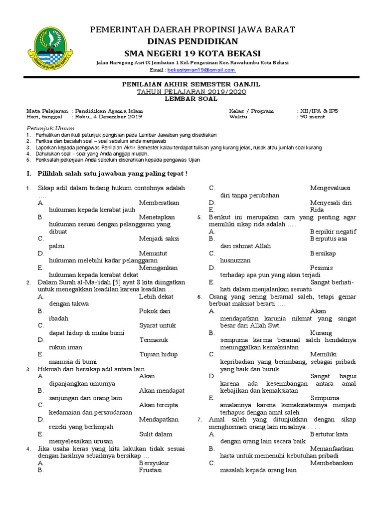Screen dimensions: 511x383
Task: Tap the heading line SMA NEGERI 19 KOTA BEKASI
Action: coord(192,53)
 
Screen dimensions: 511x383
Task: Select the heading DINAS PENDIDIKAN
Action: coord(192,41)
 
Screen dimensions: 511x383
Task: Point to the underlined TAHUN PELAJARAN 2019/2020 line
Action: coord(191,92)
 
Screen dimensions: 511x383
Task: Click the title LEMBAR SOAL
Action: coord(191,99)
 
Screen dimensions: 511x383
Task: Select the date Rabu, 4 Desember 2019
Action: coord(109,117)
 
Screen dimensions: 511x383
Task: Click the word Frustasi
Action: coord(150,470)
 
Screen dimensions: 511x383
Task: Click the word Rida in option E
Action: coord(317,210)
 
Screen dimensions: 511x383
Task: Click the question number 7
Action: coord(199,420)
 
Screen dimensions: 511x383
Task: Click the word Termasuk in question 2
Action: coord(153,340)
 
